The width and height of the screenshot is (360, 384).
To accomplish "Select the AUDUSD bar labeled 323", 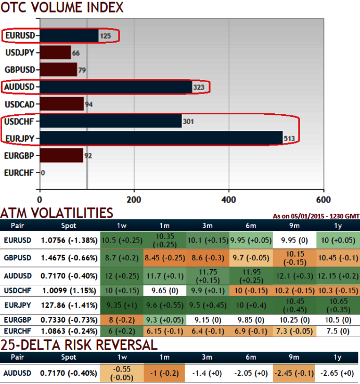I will [115, 87].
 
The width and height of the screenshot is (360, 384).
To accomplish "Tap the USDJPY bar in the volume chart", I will [55, 52].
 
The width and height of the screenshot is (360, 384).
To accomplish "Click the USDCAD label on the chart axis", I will [20, 104].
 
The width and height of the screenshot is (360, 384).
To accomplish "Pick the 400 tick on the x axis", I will [229, 200].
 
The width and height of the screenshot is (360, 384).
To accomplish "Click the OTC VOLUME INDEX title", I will [62, 8].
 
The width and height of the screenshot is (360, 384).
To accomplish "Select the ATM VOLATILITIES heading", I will [57, 213].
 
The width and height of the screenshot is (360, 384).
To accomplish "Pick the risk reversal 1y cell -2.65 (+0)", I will [338, 373].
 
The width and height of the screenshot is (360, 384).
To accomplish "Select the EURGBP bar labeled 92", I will [61, 155].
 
